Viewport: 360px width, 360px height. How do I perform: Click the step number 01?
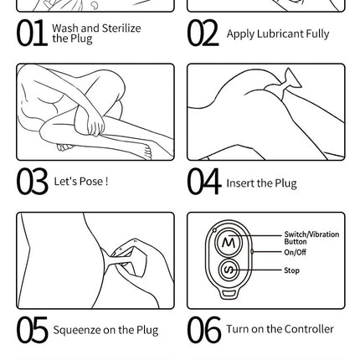[32, 33]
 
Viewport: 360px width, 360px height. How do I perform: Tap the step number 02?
[203, 33]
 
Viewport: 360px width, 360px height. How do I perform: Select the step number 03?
[32, 182]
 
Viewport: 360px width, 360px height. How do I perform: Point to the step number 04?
[204, 182]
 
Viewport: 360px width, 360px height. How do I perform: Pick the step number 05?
[32, 330]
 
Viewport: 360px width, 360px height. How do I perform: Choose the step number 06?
[204, 330]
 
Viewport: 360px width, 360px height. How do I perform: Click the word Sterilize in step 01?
[121, 28]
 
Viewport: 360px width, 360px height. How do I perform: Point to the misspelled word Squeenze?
[77, 331]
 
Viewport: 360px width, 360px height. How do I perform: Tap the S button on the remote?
[229, 270]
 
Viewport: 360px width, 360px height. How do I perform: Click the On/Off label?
[295, 252]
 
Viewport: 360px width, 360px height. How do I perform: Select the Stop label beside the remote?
[291, 270]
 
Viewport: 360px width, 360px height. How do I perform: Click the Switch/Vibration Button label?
[311, 238]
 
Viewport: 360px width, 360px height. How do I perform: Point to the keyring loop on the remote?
[229, 293]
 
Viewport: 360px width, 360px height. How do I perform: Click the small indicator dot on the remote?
[214, 230]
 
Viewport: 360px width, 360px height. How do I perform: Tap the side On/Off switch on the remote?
[252, 252]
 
